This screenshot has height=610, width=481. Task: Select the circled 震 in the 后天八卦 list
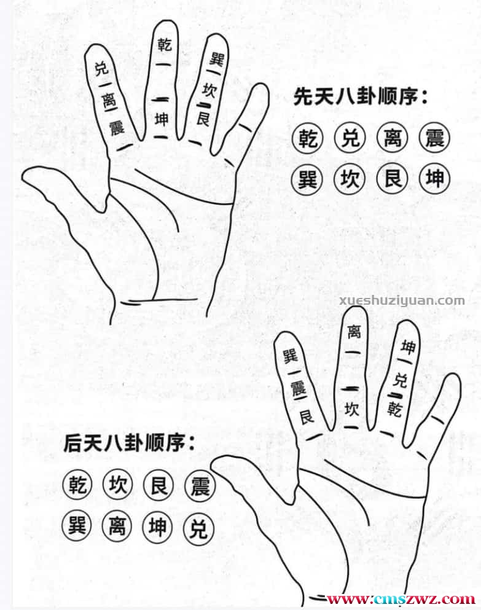click(x=198, y=487)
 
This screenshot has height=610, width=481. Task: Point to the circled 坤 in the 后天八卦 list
click(x=158, y=527)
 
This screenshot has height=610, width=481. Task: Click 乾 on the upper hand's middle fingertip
click(x=164, y=44)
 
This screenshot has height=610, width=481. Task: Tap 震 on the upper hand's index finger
click(x=116, y=128)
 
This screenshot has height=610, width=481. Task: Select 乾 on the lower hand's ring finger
click(x=394, y=406)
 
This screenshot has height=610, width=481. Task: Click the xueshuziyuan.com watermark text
click(x=402, y=300)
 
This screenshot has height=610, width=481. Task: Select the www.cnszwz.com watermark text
click(x=400, y=599)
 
